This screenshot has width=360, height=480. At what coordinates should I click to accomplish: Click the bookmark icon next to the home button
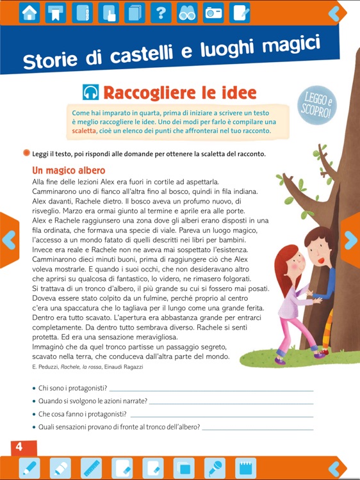click(x=56, y=13)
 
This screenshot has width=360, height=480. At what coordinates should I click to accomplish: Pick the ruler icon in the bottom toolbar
click(x=92, y=468)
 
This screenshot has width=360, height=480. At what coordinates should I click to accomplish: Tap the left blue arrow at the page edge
click(x=8, y=239)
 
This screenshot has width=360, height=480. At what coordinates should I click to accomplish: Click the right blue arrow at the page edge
click(x=351, y=239)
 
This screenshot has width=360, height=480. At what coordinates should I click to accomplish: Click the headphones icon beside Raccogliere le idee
click(x=90, y=93)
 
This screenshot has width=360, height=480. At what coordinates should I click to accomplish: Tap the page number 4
click(x=19, y=446)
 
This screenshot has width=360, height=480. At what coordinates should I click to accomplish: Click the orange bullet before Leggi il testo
click(x=26, y=154)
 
